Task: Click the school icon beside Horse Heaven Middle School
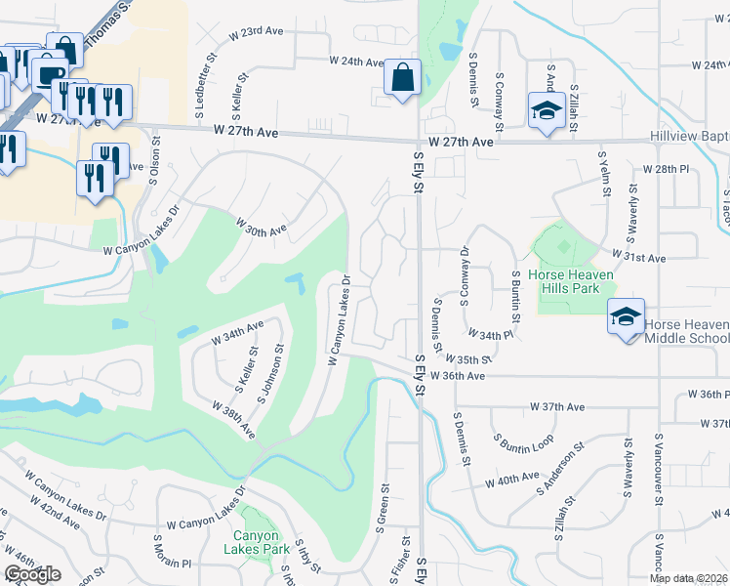tap(625, 315)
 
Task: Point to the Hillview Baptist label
tap(689, 140)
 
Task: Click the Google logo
tap(32, 574)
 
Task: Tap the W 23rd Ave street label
tap(255, 32)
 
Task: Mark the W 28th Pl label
tap(665, 169)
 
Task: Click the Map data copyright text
tap(688, 578)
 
